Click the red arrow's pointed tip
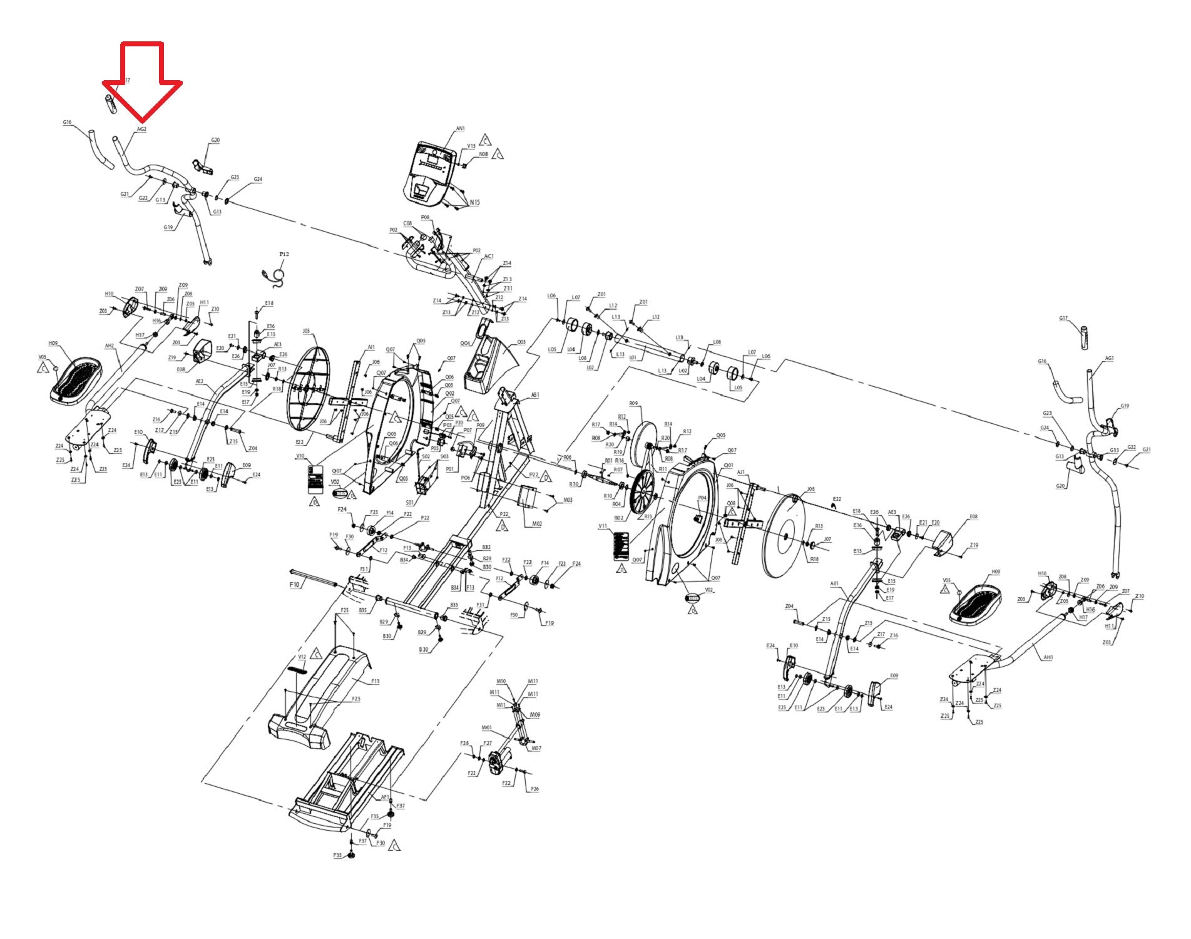point(142,121)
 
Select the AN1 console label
point(460,128)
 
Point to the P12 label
point(284,254)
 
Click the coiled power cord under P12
point(275,276)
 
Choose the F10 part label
point(295,585)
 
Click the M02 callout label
point(536,523)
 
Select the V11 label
point(603,526)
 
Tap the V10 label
point(300,456)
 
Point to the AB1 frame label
point(535,395)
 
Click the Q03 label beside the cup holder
point(521,342)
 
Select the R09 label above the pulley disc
point(633,404)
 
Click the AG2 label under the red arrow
point(141,129)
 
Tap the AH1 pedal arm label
point(1048,657)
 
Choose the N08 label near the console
point(483,154)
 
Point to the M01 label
point(486,727)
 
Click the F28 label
point(464,743)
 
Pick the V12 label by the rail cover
point(302,657)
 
